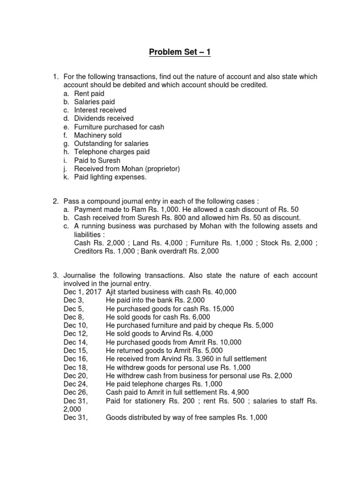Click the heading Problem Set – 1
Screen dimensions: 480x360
(180, 52)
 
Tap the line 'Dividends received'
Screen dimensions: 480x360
(104, 119)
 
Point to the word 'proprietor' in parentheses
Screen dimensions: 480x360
(161, 169)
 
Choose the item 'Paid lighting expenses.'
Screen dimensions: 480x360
(110, 177)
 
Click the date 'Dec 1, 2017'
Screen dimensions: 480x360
(82, 292)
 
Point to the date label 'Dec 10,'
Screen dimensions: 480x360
(75, 325)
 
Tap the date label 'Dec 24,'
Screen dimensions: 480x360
(75, 384)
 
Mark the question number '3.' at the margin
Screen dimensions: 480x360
(55, 275)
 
